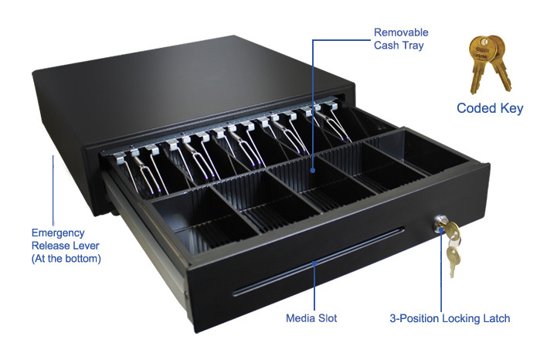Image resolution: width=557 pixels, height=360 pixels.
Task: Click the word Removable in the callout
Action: coord(401,32)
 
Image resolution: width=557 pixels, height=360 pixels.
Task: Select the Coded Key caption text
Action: coord(490,108)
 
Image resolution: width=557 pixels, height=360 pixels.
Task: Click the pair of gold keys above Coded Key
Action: coord(490,64)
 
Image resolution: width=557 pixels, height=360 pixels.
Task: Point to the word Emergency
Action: coord(58,233)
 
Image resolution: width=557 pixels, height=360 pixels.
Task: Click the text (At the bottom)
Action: coord(66,258)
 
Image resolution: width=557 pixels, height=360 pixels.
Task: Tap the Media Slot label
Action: coord(311,318)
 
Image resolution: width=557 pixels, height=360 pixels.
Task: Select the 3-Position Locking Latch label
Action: coord(450,318)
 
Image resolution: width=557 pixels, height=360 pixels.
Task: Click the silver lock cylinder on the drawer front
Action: coord(439,223)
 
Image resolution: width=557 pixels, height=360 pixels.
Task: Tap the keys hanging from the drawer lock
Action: coord(453,247)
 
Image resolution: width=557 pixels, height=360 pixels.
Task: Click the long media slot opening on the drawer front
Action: coord(318,262)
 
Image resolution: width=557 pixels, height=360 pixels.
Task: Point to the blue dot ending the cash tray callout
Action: coord(313,170)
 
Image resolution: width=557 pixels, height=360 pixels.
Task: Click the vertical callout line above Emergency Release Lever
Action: coord(53,190)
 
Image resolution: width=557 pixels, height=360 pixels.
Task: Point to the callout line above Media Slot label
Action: coord(314,286)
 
